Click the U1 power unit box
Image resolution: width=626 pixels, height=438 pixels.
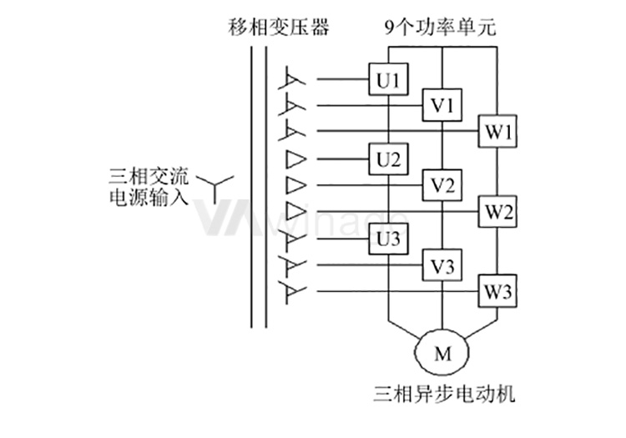click(x=389, y=81)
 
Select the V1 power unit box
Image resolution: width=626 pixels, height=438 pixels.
click(x=442, y=106)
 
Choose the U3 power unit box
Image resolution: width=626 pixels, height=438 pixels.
click(x=389, y=239)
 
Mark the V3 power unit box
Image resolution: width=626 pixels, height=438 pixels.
click(x=442, y=266)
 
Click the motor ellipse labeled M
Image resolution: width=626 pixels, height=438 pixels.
click(x=442, y=353)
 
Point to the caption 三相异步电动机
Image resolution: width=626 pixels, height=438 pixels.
click(x=441, y=391)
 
